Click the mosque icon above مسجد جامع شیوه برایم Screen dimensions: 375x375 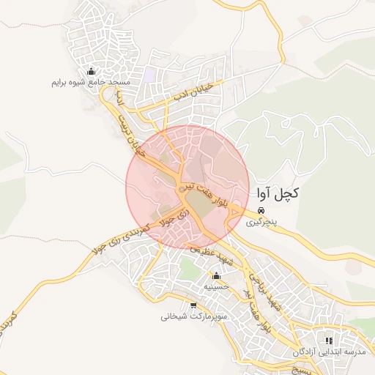pos(91,72)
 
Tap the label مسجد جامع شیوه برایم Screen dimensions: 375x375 pos(91,83)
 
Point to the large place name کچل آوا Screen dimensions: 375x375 pos(279,194)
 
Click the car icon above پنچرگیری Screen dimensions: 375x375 pos(261,209)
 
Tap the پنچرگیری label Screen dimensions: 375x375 pos(261,220)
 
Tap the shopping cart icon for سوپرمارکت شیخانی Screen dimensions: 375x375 pos(193,305)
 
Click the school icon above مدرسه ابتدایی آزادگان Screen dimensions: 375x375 pos(329,341)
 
